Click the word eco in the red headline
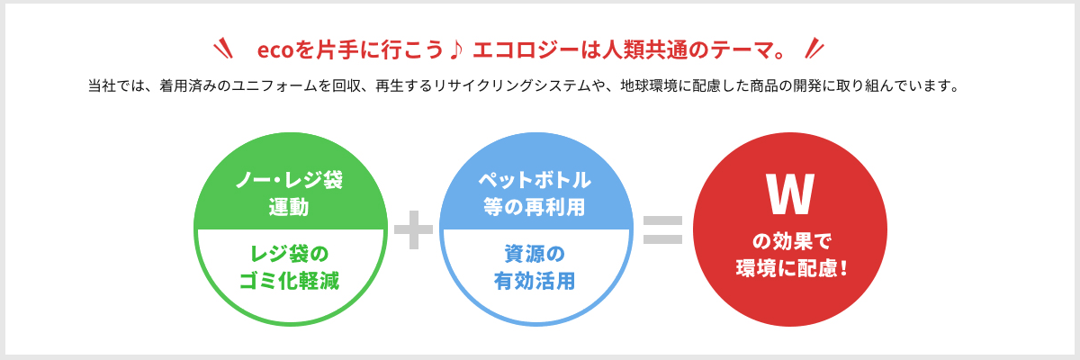coord(275,50)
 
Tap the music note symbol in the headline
coord(456,49)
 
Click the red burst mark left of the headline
coord(223,49)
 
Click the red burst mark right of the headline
coord(814,49)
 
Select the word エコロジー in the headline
coord(526,50)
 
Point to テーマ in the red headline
coord(742,50)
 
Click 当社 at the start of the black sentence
coord(102,85)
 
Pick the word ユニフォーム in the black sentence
coord(274,85)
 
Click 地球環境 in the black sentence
coord(649,85)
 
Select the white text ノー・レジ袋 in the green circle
coord(289,180)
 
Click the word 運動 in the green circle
coord(289,207)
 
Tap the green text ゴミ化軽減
coord(289,281)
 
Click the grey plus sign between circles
coord(413,229)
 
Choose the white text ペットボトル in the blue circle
coord(535,180)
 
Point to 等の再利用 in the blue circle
coord(535,207)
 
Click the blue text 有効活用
coord(535,281)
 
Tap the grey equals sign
coord(663,229)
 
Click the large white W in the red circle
coord(790,194)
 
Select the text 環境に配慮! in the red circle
coord(791,268)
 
